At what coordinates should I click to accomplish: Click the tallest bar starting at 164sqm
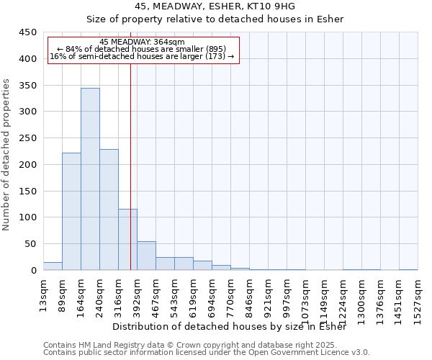(90, 179)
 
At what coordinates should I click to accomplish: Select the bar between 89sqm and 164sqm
(71, 212)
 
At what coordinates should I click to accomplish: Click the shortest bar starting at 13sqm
(53, 266)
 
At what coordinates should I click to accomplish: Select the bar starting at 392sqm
(146, 256)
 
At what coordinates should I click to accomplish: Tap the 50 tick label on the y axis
(30, 244)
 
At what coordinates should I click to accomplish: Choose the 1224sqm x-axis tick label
(347, 297)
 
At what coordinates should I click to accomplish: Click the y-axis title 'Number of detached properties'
(7, 155)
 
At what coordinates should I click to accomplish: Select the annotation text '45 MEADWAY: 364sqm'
(142, 42)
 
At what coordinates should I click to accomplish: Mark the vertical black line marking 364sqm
(130, 166)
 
